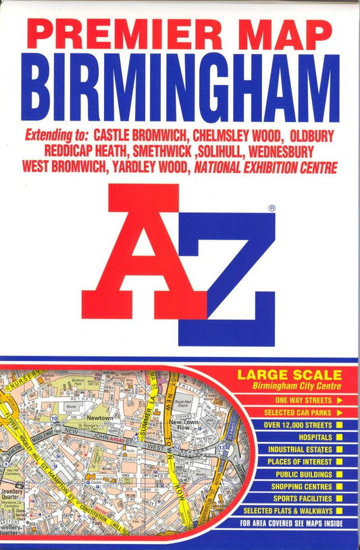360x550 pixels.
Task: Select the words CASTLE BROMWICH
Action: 141,135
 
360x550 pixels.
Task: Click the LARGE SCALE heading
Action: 288,375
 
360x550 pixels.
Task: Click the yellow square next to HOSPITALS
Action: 339,437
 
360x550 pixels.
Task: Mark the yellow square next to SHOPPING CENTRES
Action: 339,486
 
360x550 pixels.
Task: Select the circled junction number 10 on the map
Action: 53,419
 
